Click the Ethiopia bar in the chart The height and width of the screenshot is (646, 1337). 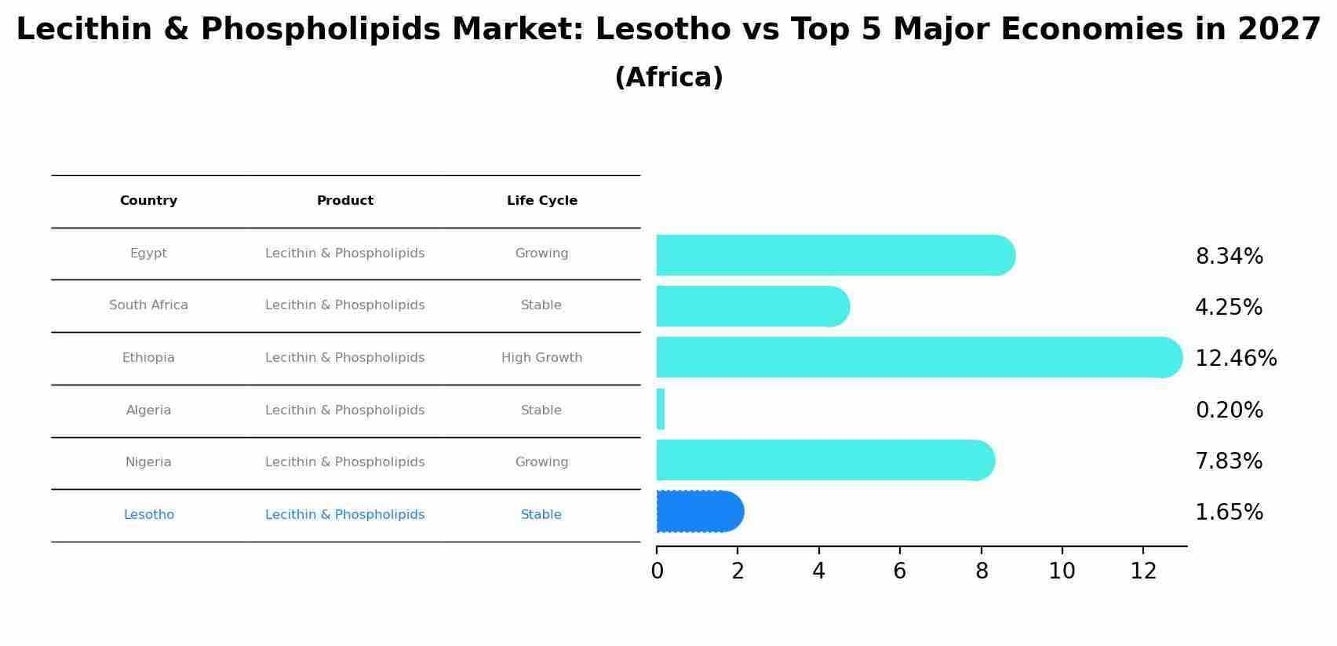click(x=918, y=357)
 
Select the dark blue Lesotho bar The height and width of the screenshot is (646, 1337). click(x=698, y=512)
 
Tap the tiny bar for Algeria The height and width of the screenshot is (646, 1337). click(x=661, y=409)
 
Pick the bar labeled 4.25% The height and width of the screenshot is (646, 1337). click(x=752, y=306)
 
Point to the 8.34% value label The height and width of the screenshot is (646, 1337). click(x=1229, y=257)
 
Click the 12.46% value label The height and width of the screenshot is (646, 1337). click(x=1235, y=359)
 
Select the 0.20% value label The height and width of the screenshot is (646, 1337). click(x=1229, y=411)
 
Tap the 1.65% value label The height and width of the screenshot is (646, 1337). click(x=1229, y=513)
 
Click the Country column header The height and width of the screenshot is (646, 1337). click(x=148, y=201)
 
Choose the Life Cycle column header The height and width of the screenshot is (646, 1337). click(x=541, y=201)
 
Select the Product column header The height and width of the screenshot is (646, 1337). click(x=344, y=201)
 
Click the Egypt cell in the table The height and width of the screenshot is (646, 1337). click(x=148, y=254)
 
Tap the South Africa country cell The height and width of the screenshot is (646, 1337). click(x=148, y=305)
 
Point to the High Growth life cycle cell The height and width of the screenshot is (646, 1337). click(x=541, y=358)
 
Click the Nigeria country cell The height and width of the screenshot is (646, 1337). click(x=148, y=462)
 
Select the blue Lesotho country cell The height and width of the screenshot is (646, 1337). click(x=148, y=515)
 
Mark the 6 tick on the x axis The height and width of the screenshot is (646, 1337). click(x=900, y=571)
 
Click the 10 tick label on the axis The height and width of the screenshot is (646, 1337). click(x=1062, y=571)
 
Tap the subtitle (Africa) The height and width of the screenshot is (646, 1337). click(x=668, y=78)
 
